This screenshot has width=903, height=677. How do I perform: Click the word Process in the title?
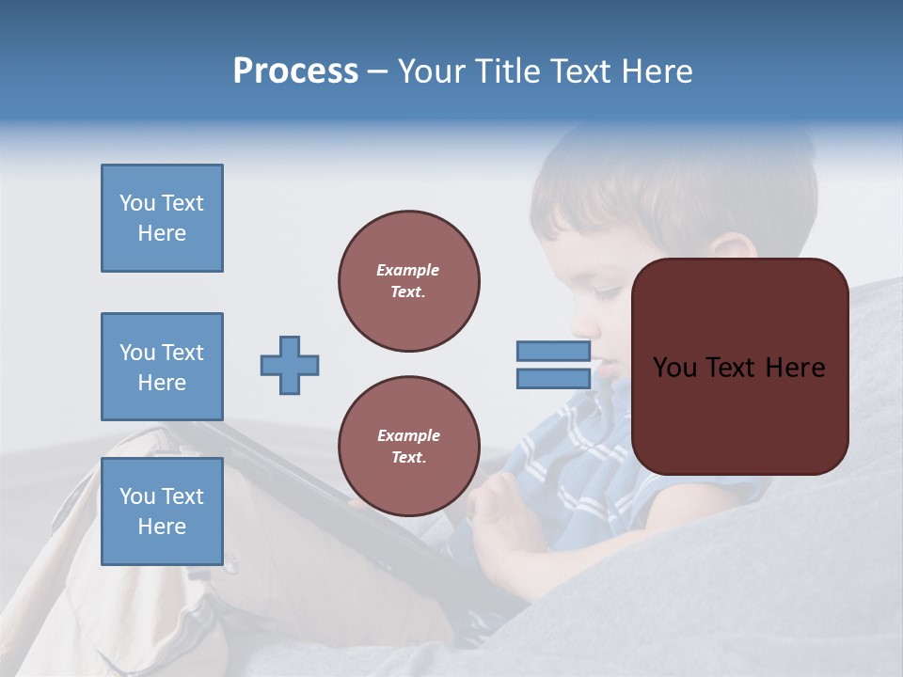[x=295, y=71]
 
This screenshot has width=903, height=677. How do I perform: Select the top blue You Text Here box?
[x=162, y=218]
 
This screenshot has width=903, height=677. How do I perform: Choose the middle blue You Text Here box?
[x=162, y=367]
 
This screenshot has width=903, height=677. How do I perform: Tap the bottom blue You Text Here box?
[x=162, y=512]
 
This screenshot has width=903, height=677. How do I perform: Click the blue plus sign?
[x=290, y=365]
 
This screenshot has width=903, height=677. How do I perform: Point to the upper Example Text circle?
[x=409, y=281]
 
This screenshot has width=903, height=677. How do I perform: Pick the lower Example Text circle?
[x=409, y=447]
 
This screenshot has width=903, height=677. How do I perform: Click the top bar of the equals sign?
[x=554, y=351]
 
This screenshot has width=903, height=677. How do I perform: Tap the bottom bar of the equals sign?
[x=554, y=379]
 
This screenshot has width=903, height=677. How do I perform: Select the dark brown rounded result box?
[x=739, y=367]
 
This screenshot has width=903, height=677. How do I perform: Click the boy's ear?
[x=729, y=249]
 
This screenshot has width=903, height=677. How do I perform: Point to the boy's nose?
[x=583, y=324]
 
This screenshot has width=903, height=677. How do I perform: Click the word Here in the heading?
[x=657, y=71]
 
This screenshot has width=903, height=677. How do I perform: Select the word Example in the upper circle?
[x=407, y=270]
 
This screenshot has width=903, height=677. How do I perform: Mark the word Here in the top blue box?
[x=162, y=233]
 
